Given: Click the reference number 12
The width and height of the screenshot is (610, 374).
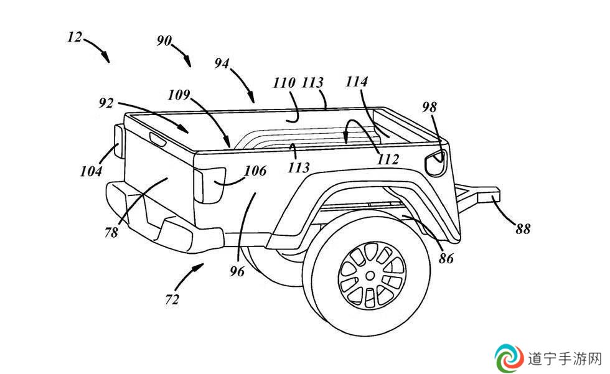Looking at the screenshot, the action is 75,37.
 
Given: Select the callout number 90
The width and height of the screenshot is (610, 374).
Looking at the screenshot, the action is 164,40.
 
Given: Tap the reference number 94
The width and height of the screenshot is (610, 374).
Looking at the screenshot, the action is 222,63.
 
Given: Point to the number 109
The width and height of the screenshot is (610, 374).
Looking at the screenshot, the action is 179,95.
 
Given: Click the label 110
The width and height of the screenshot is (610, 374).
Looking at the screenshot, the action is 284,83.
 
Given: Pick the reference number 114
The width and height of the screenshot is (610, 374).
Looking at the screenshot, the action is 356,82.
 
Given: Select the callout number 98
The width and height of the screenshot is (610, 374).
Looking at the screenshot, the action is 429,107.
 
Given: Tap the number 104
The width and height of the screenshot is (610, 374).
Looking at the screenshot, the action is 91,171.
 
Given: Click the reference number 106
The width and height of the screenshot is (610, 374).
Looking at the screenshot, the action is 255,171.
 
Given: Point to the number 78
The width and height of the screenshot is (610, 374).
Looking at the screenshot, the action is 111,233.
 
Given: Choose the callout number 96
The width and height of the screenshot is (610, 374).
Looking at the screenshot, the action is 237,271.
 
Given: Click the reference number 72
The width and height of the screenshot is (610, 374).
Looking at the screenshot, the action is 172,299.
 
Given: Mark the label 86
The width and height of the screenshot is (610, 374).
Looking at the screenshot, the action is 446,258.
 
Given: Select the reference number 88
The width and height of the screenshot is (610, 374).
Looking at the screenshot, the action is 523,229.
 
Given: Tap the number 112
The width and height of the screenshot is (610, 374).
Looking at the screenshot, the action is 388,159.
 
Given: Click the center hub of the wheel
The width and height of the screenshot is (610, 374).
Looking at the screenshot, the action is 370,276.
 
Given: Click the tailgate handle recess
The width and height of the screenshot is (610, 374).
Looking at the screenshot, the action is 158,139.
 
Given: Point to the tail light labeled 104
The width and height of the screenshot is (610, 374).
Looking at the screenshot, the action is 118,141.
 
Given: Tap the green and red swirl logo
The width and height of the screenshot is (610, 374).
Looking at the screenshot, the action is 509,358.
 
